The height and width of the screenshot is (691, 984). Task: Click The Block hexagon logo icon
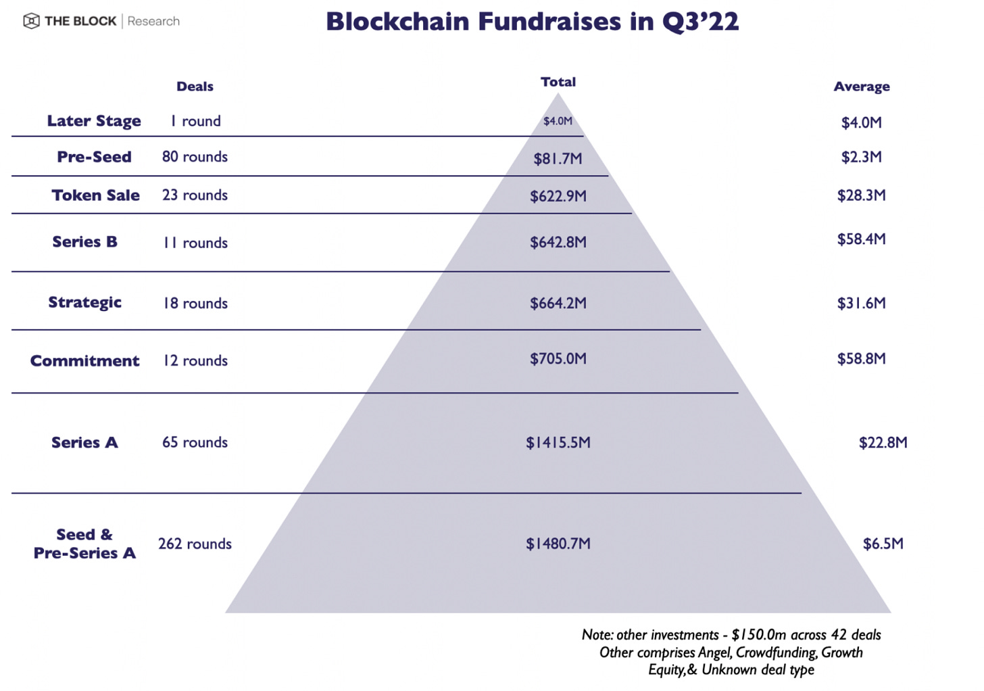tap(31, 21)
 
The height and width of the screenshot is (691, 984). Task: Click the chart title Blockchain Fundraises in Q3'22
tap(532, 22)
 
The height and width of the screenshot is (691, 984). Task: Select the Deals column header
tap(195, 87)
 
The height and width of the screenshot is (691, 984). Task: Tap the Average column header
tap(861, 87)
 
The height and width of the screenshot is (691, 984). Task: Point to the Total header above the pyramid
tap(558, 82)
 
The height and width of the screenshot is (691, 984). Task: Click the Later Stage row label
tap(94, 121)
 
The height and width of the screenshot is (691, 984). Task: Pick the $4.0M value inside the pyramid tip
tap(558, 121)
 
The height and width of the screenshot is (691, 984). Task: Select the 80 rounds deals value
tap(195, 157)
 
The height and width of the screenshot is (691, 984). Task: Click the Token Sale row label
tap(95, 195)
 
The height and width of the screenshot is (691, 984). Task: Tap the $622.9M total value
tap(558, 197)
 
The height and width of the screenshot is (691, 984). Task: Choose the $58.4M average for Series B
tap(861, 239)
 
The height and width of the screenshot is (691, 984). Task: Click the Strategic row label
tap(84, 302)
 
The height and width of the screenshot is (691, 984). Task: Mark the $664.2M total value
tap(558, 303)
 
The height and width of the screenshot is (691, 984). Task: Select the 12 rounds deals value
tap(195, 360)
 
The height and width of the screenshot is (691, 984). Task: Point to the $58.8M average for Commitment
tap(861, 359)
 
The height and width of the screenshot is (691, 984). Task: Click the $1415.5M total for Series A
tap(558, 443)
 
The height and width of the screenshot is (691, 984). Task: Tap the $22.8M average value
tap(883, 443)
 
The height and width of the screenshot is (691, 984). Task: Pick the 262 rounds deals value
tap(195, 544)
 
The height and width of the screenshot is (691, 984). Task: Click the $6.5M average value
tap(883, 544)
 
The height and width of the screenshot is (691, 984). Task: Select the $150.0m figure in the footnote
tap(759, 635)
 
